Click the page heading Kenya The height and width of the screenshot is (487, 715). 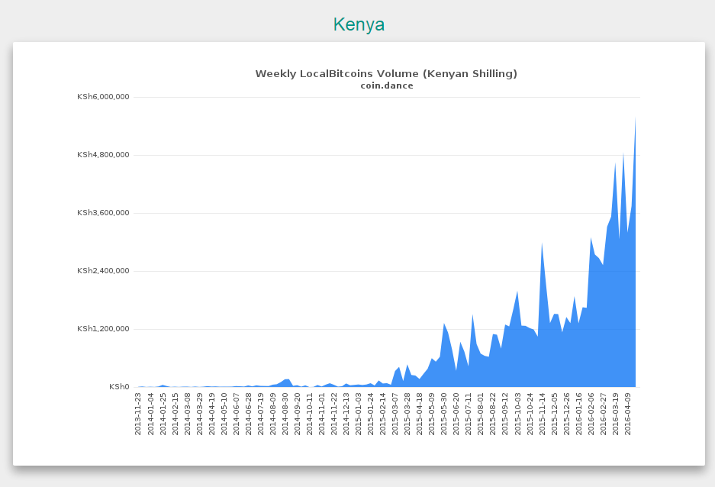[359, 24]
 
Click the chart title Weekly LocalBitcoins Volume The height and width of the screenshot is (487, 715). [337, 73]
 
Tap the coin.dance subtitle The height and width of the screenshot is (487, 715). [387, 85]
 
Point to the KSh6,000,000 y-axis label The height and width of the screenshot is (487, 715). [103, 97]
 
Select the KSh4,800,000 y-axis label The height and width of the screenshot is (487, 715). [103, 155]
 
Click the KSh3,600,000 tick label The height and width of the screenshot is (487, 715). [103, 212]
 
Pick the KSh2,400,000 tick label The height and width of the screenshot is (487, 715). [103, 270]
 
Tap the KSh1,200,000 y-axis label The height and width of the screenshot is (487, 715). [103, 328]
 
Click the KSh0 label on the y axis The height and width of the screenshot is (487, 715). [119, 387]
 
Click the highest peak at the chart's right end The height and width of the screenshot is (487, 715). [635, 118]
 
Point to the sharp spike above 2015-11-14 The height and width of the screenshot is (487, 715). [542, 243]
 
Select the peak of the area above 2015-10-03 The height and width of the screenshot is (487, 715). [517, 292]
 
